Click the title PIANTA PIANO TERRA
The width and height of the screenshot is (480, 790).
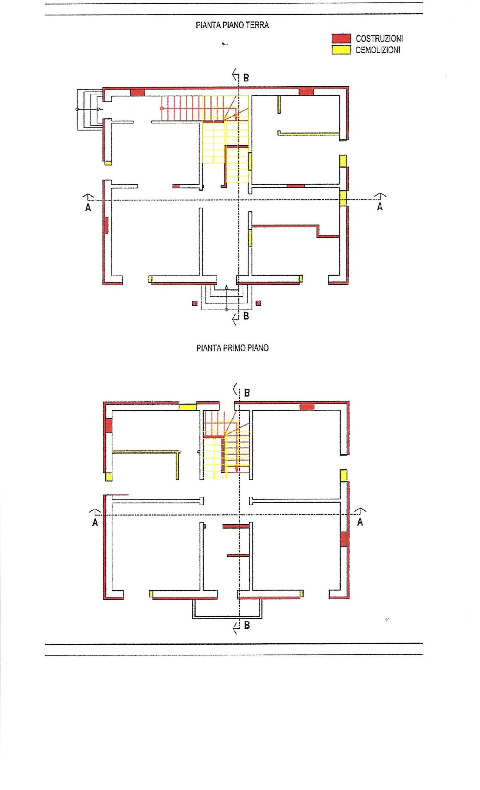[232, 25]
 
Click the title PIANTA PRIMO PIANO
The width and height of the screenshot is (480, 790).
[232, 348]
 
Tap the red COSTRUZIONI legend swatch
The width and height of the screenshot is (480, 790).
[341, 39]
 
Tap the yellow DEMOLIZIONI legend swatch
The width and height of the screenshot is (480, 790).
[341, 50]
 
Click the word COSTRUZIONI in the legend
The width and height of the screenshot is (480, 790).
[379, 39]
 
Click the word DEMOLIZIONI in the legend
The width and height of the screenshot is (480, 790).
[378, 50]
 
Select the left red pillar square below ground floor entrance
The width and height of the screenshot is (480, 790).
[194, 303]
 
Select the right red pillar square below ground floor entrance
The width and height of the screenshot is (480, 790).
[258, 303]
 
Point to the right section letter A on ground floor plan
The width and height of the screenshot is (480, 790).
[380, 207]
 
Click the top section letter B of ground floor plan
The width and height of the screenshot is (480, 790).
[246, 78]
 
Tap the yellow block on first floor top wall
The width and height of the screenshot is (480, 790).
[187, 407]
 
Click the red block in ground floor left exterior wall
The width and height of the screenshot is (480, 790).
[106, 225]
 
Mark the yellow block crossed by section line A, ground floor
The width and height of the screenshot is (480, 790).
[343, 198]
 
